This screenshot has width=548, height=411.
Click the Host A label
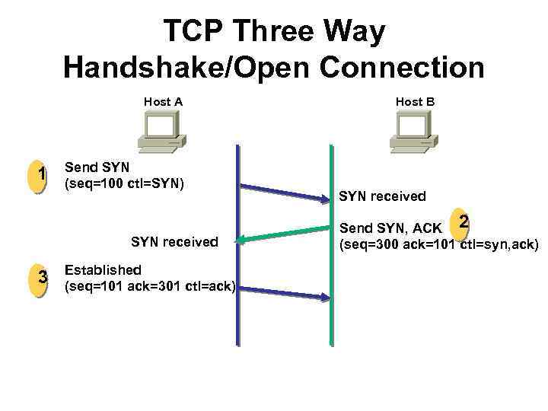coord(163,101)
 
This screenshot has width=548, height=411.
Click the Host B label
coord(415,101)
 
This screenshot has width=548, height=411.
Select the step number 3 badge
coord(43,279)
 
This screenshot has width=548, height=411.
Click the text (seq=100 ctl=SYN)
coord(125,183)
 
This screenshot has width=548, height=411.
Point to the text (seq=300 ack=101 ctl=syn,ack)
coord(438,244)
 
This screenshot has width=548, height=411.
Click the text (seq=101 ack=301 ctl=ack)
coord(150,287)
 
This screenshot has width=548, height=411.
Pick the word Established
coord(103,270)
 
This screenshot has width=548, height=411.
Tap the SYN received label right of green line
coord(382,196)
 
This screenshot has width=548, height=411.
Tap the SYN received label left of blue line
coord(174,242)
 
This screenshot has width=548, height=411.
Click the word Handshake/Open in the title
coord(180,67)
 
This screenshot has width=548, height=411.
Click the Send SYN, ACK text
coord(390,228)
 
